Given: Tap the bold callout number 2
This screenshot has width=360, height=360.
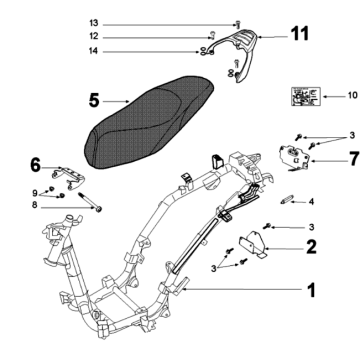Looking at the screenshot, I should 311,243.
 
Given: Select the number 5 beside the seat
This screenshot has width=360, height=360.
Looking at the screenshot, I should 95,100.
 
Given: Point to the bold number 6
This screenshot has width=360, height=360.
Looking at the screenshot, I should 35,163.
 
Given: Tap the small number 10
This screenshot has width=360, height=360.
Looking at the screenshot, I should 351,96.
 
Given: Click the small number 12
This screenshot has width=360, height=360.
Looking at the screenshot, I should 150,36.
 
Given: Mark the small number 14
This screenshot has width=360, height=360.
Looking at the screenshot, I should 150,50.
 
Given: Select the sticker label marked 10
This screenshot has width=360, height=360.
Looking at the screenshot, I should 302,96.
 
